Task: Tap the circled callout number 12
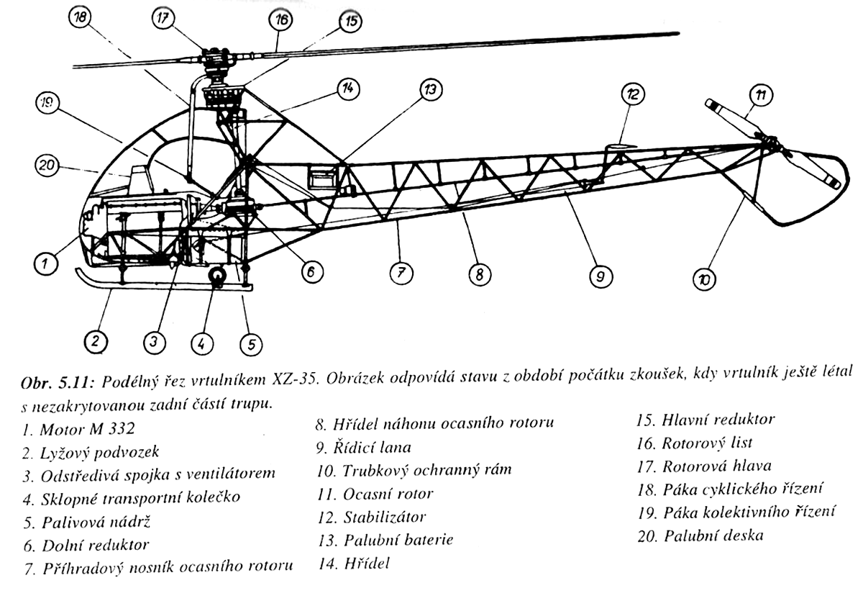coord(633,94)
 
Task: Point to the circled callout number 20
coord(45,166)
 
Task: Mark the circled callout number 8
coord(480,274)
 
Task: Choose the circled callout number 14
coord(348,89)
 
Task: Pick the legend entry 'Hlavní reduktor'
coord(706,420)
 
